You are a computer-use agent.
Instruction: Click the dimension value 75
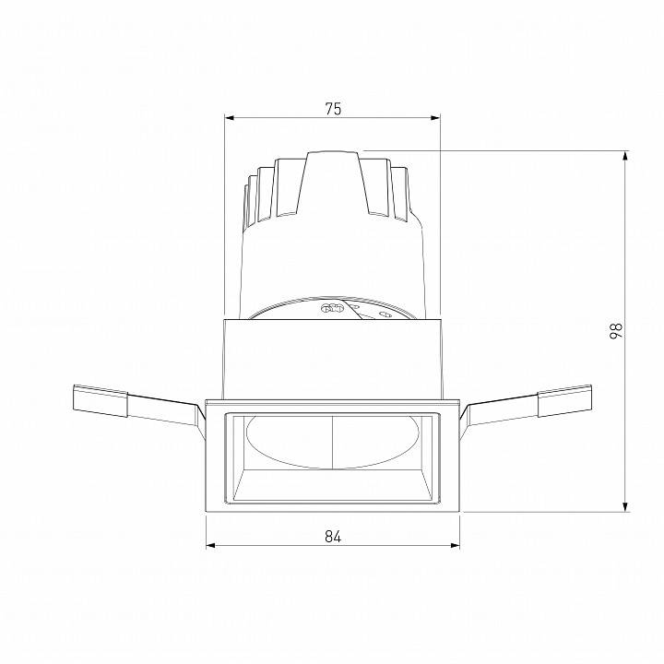pyautogui.click(x=333, y=109)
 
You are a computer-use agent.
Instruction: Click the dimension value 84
pyautogui.click(x=333, y=537)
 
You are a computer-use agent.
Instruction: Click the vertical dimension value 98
pyautogui.click(x=616, y=330)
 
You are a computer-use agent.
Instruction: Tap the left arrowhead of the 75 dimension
pyautogui.click(x=231, y=118)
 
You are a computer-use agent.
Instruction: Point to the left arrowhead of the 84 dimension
pyautogui.click(x=210, y=545)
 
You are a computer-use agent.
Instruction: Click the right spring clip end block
pyautogui.click(x=564, y=399)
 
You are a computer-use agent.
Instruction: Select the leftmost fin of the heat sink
pyautogui.click(x=247, y=203)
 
